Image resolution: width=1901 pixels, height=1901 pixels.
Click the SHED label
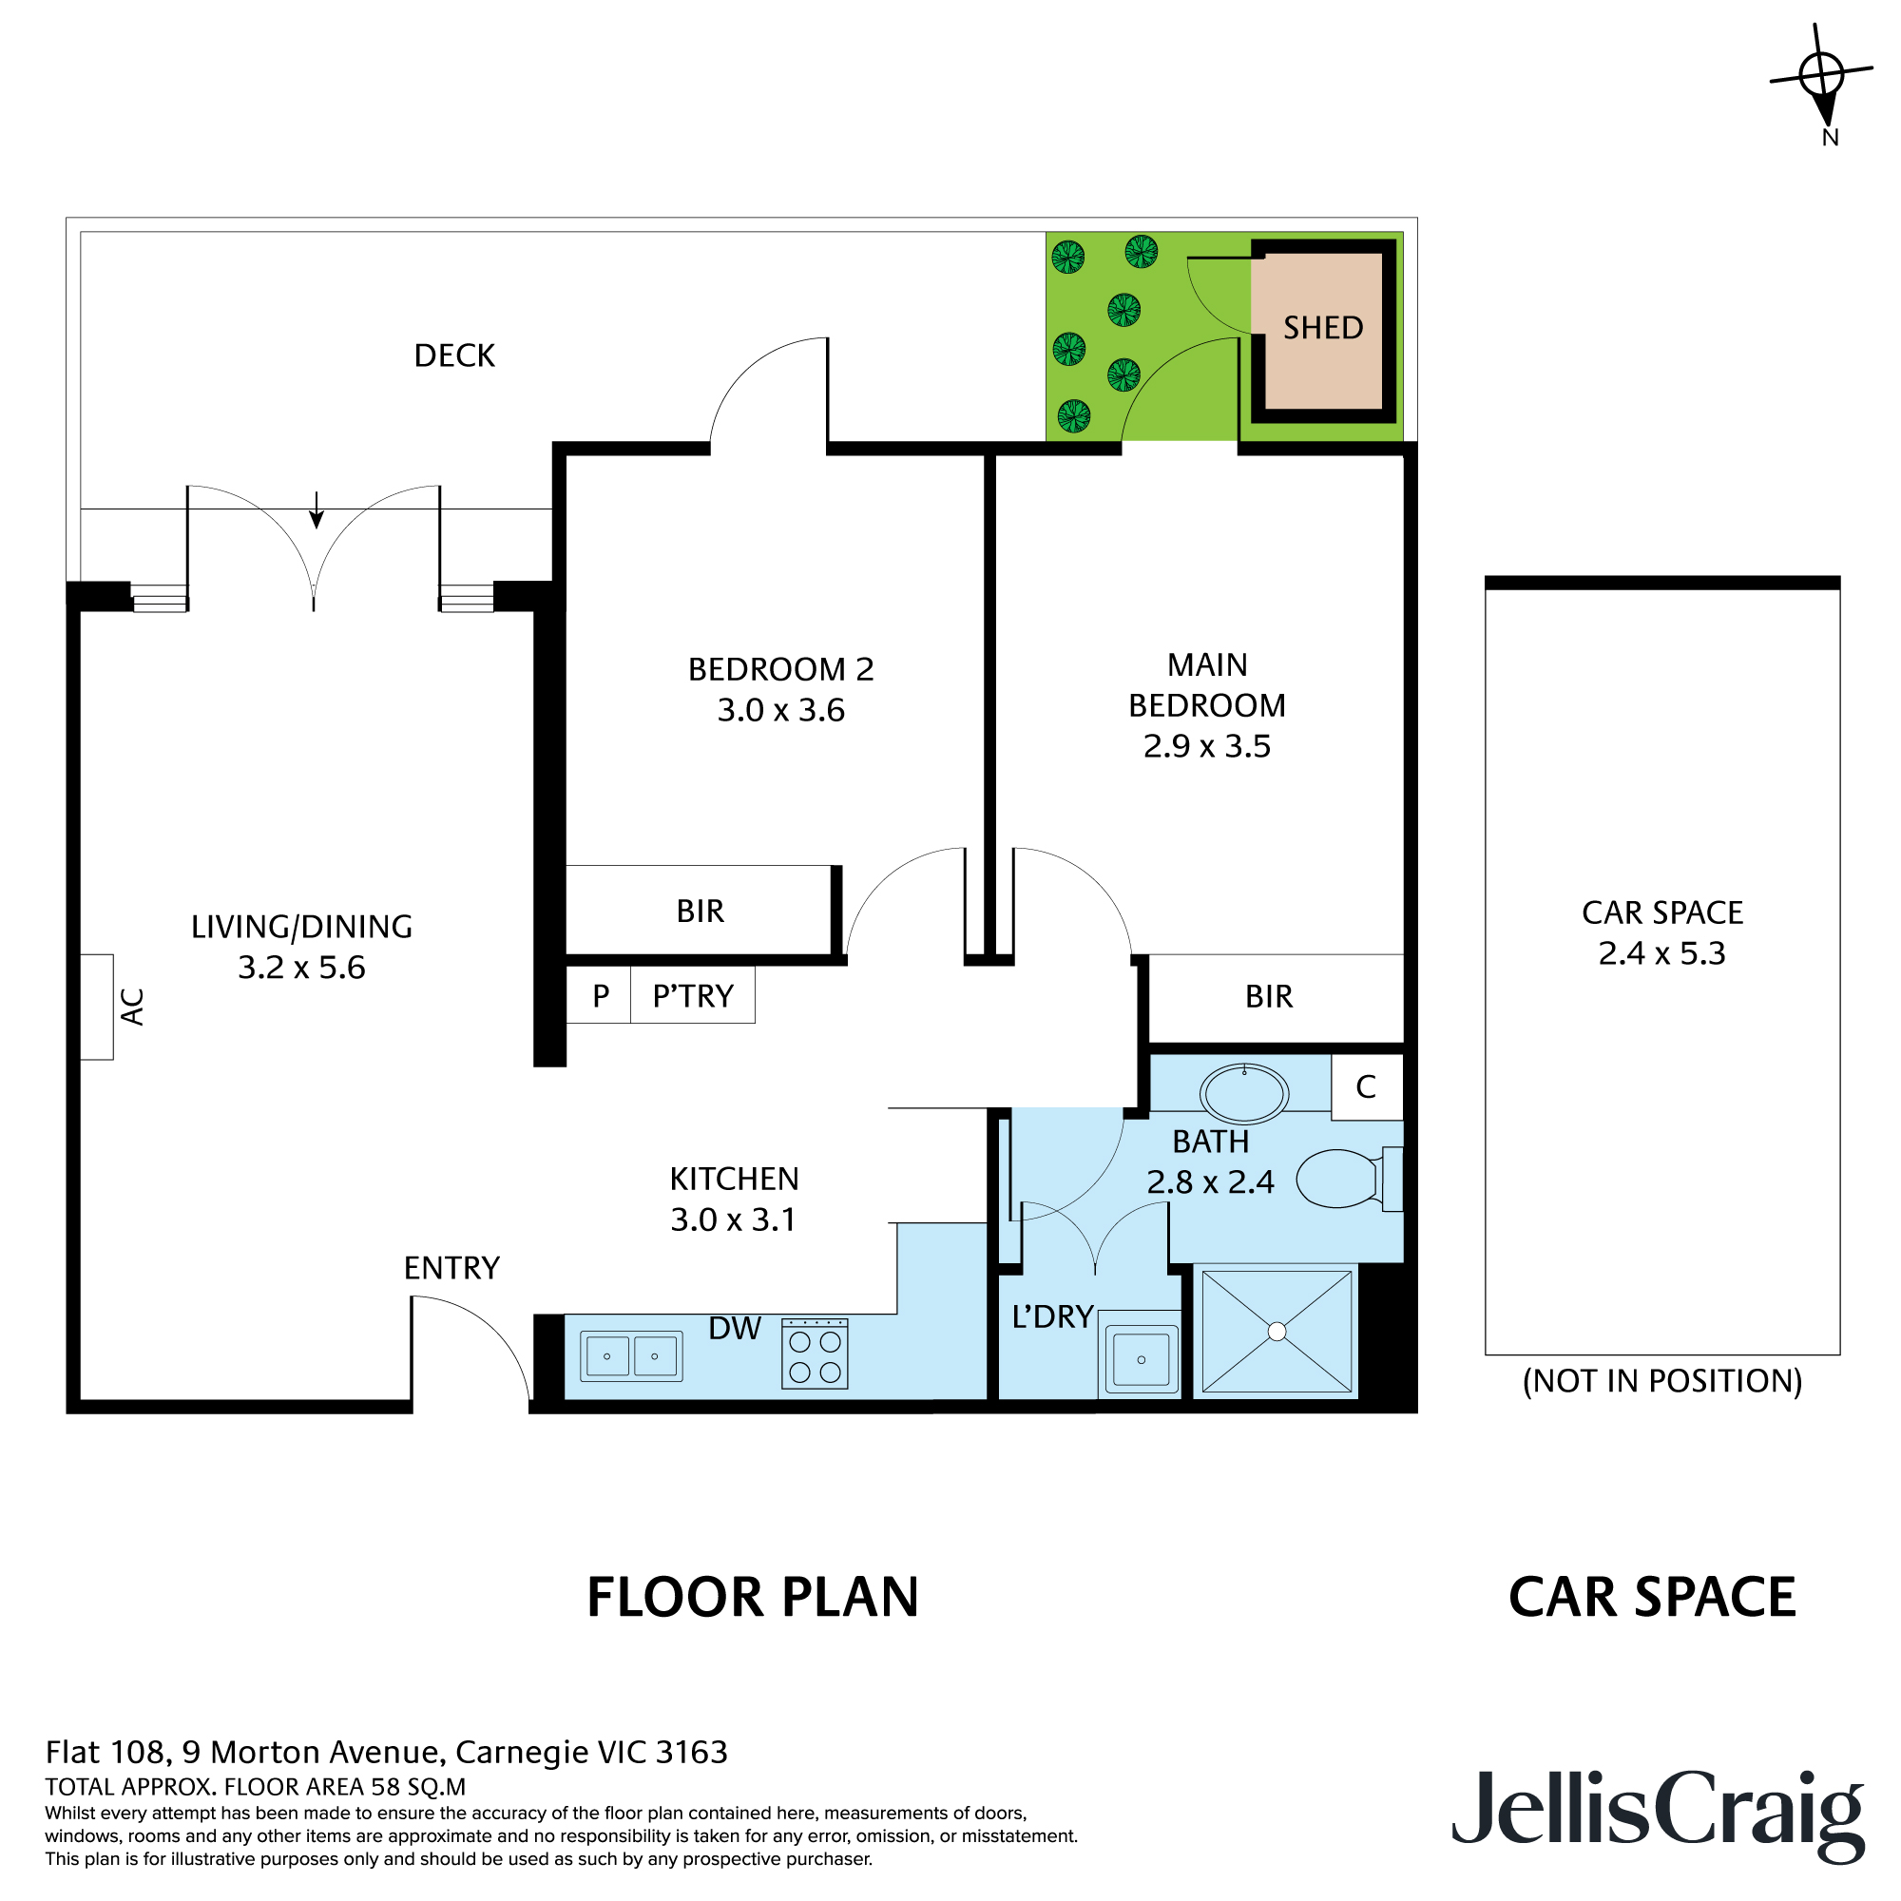tap(1322, 328)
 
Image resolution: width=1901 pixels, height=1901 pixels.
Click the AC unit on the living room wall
tap(96, 1007)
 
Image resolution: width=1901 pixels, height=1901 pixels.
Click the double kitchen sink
tap(631, 1356)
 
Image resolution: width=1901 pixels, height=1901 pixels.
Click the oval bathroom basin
tap(1243, 1092)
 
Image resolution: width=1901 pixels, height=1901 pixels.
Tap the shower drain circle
tap(1277, 1332)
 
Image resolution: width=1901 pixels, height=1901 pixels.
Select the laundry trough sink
tap(1141, 1359)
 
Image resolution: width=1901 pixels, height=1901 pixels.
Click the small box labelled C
tap(1366, 1087)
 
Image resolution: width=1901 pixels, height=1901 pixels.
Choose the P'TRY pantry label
tap(693, 996)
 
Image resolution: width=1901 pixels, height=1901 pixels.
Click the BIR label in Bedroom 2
tap(700, 912)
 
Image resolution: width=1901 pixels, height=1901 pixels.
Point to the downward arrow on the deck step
tap(316, 509)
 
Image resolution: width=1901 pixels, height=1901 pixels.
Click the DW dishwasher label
tap(734, 1329)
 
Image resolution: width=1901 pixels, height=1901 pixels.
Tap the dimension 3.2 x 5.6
tap(301, 968)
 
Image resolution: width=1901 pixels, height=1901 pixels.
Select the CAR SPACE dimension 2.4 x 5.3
tap(1661, 953)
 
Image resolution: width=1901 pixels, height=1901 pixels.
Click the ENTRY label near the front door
tap(451, 1267)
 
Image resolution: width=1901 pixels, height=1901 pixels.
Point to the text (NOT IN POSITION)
tap(1661, 1380)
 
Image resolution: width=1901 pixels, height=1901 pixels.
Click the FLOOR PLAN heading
tap(753, 1597)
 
